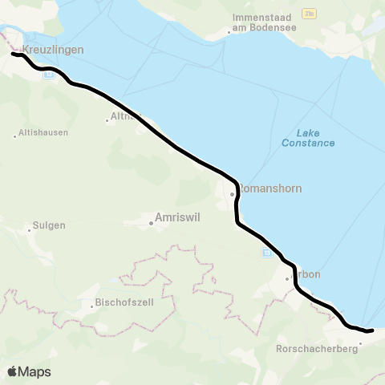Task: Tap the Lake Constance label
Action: coord(308,138)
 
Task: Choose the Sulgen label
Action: coord(49,226)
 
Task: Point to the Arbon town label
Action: coord(308,274)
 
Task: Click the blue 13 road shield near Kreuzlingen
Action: coord(49,75)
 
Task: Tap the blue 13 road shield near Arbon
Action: coord(265,253)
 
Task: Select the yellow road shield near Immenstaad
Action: coord(309,14)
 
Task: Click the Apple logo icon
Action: coord(13,371)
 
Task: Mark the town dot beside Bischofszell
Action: coord(91,303)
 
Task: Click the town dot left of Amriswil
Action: coord(152,223)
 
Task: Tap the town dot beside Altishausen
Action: coord(14,136)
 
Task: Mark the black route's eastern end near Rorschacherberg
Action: coord(371,330)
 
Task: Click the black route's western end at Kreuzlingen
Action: coord(13,54)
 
